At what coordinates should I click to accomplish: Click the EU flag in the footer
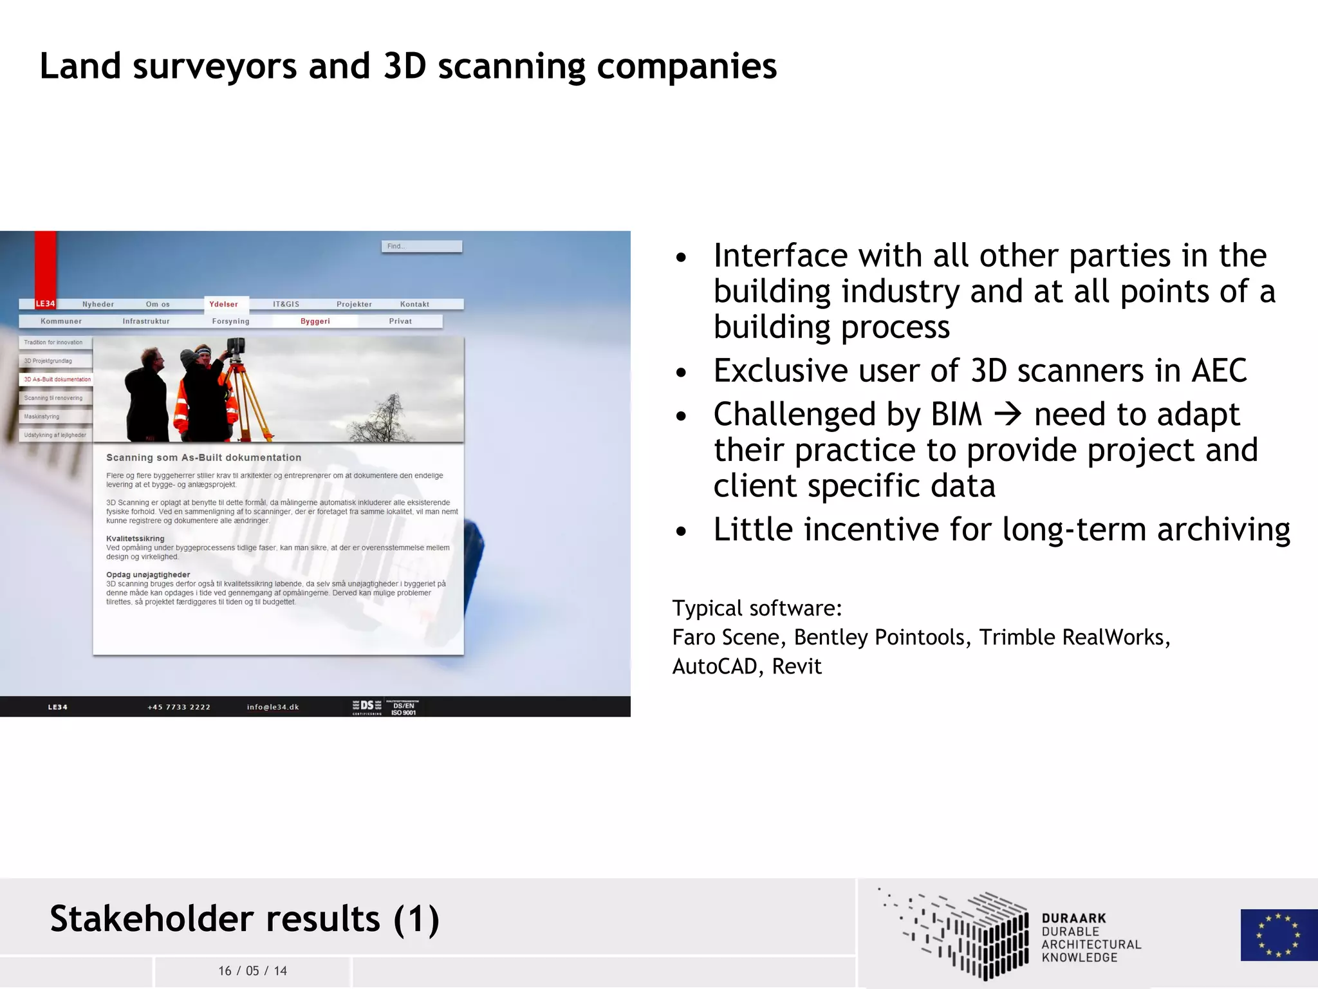1278,935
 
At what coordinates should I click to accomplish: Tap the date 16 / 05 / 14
252,971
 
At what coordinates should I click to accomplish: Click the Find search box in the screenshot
422,247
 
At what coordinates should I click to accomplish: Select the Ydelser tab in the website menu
223,305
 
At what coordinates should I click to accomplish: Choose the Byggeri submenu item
315,321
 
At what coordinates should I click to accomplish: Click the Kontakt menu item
414,305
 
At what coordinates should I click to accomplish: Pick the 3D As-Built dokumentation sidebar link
57,380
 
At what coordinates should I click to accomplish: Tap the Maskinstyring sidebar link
42,417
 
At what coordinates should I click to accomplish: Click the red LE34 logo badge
45,304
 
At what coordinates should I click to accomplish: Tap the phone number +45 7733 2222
179,707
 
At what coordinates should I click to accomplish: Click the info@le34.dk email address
273,707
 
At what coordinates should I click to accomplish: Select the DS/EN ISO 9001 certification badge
404,708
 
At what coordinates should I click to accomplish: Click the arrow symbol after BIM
1008,414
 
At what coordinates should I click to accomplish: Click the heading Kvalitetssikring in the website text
135,539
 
